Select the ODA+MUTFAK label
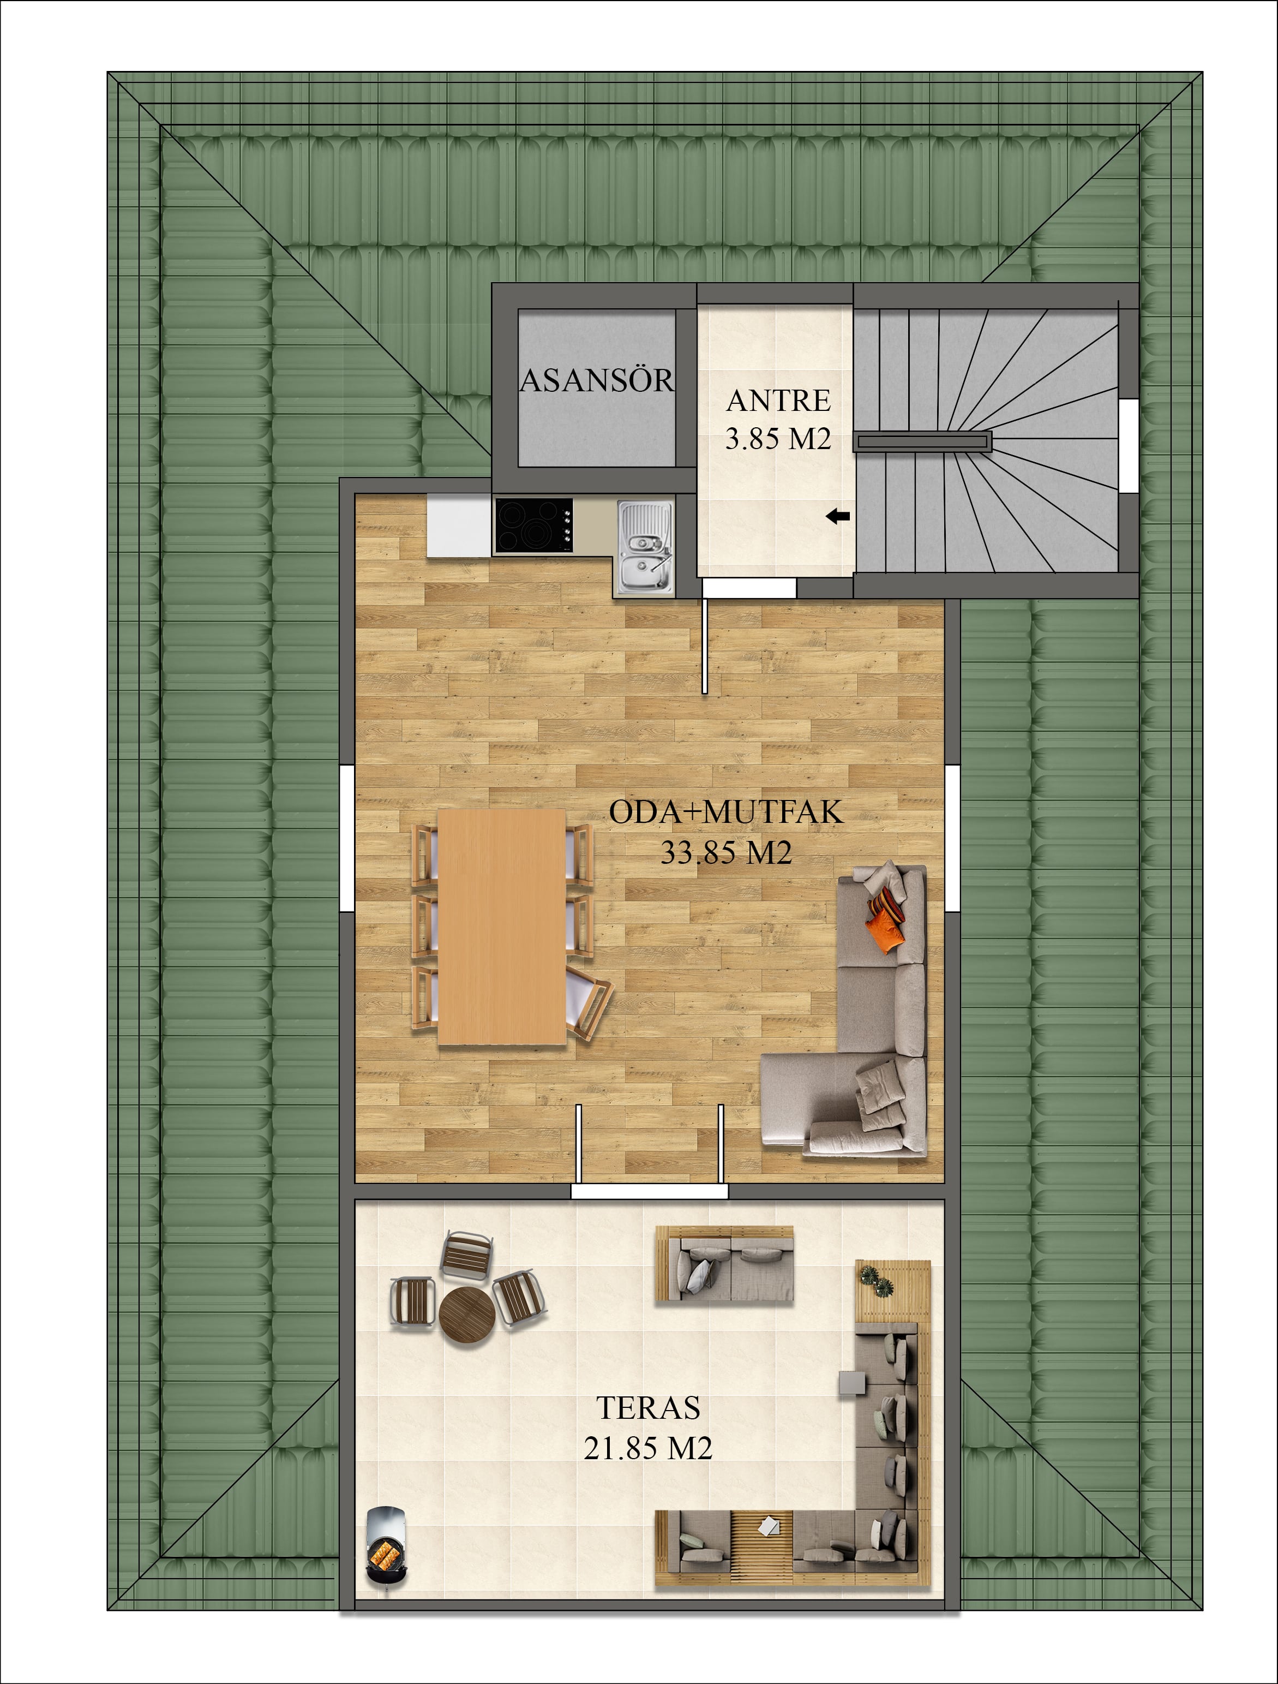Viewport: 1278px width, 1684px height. point(726,813)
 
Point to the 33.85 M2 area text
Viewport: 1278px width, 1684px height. point(726,853)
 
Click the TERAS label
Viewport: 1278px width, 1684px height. point(649,1408)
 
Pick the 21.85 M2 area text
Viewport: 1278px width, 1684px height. point(649,1448)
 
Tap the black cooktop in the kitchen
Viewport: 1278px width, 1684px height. point(533,525)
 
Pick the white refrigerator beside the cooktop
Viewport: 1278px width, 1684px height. point(459,525)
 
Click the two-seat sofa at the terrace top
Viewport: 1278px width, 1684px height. point(724,1264)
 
